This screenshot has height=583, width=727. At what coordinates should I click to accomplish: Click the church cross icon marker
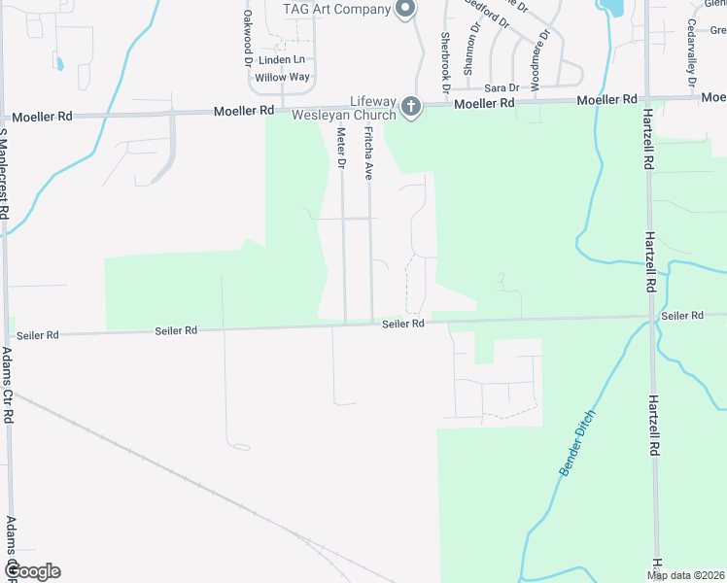411,106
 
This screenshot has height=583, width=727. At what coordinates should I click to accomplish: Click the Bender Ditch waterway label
576,442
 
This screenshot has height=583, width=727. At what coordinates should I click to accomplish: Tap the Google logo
31,571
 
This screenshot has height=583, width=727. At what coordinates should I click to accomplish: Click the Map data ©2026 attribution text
686,575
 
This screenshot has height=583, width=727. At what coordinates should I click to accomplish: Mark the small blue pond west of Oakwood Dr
59,64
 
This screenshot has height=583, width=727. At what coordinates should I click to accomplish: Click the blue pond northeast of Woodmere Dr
612,8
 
